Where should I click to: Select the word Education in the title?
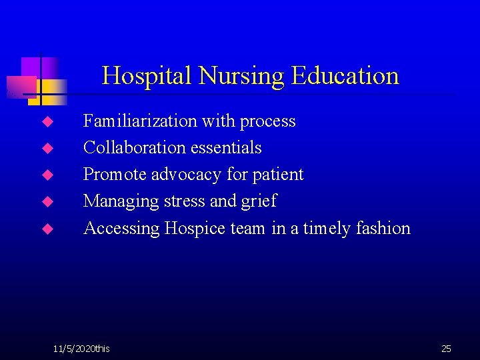pyautogui.click(x=345, y=76)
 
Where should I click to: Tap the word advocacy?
pyautogui.click(x=187, y=175)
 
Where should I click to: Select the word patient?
pyautogui.click(x=278, y=175)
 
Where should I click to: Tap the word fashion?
pyautogui.click(x=383, y=228)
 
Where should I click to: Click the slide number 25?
pyautogui.click(x=446, y=349)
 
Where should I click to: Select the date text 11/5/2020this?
pyautogui.click(x=81, y=349)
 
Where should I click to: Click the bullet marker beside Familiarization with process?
pyautogui.click(x=47, y=122)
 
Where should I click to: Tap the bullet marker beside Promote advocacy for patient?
pyautogui.click(x=47, y=175)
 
